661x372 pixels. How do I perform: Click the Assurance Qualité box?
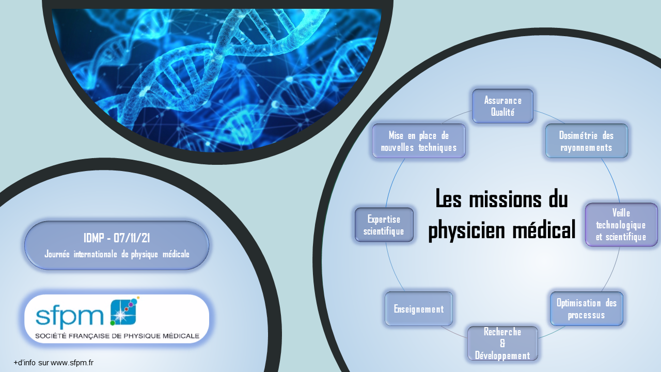[x=502, y=106]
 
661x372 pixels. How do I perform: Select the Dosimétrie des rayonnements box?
[x=586, y=141]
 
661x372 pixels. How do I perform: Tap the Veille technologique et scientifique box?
[x=621, y=225]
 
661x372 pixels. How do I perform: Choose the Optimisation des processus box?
[x=586, y=309]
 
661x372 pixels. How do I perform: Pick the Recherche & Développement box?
[x=502, y=344]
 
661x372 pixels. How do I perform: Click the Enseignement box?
[x=419, y=309]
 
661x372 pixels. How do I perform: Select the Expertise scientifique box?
[x=384, y=225]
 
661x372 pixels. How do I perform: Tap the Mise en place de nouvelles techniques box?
[x=419, y=141]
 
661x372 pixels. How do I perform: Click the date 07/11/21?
[x=132, y=238]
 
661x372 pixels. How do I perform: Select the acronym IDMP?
[x=94, y=238]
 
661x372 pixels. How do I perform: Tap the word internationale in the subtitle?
[x=96, y=254]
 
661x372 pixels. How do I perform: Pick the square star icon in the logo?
[x=123, y=313]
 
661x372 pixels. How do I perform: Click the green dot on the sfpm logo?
[x=113, y=323]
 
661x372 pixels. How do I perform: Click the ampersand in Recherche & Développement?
[x=502, y=344]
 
